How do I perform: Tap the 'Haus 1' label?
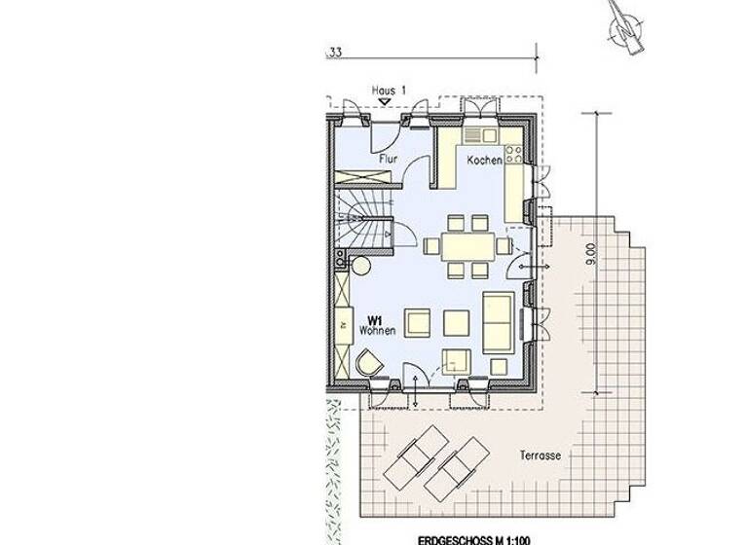389,89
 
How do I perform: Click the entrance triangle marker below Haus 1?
386,100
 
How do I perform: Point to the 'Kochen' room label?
484,160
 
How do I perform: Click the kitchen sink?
475,136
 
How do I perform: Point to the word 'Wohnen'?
376,332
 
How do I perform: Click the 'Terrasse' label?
539,454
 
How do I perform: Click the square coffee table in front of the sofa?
457,320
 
